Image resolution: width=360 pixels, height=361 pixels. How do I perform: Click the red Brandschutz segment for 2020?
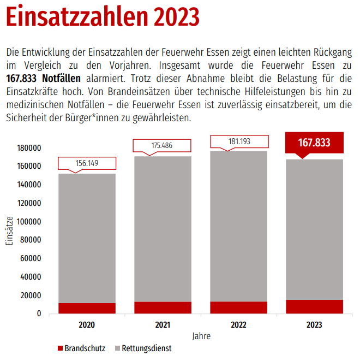coord(87,308)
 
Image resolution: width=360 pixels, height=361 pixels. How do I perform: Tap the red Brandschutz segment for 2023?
coord(314,306)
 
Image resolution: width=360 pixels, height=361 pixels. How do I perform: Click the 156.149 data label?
coord(87,163)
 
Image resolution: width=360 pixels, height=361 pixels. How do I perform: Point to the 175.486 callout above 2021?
coord(163,146)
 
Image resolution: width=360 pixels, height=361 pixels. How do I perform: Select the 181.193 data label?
coord(239,141)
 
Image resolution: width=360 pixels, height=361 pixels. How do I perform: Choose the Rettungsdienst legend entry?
coord(142,348)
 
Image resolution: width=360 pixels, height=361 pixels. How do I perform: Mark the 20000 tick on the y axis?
coord(31,295)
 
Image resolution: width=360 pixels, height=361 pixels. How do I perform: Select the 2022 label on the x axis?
coord(238,324)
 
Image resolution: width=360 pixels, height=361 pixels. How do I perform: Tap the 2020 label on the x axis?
coord(87,324)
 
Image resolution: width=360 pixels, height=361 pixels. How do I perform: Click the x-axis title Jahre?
coord(201,336)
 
